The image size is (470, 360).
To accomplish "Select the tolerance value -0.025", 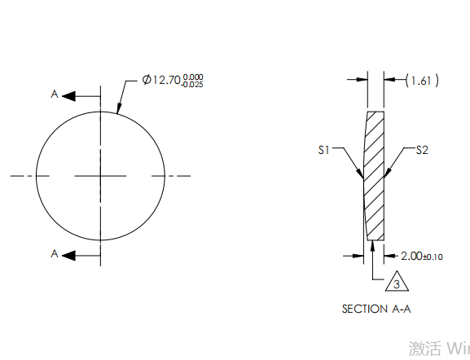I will click(193, 84).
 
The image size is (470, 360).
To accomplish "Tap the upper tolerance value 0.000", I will click(193, 76).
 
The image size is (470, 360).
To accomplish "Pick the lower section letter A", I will click(55, 254).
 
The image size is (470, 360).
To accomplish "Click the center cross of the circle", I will click(101, 175).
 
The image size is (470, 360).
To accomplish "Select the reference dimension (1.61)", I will click(422, 80).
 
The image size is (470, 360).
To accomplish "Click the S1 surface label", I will click(323, 150).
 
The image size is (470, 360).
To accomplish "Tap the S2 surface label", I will click(422, 150).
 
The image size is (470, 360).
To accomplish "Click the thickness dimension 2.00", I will click(410, 256).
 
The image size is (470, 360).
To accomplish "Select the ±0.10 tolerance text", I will click(433, 257).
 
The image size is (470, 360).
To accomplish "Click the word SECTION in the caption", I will click(363, 309).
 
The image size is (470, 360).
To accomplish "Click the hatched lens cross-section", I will click(375, 175).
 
